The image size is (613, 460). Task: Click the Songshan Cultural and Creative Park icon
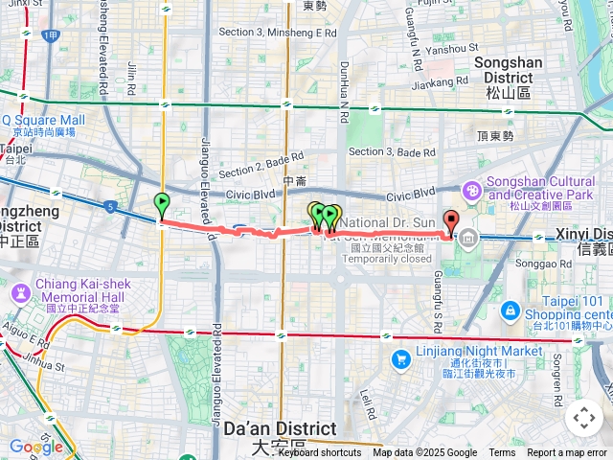[x=472, y=192]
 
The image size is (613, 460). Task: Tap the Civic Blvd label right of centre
[x=411, y=195]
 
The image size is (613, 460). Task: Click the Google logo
[x=35, y=447]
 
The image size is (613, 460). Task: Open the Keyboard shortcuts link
[x=319, y=453]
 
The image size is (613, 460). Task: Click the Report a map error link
[x=567, y=453]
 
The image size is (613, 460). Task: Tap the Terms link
[x=502, y=453]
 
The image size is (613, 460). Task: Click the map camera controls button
[x=583, y=418]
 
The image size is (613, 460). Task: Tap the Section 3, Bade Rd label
[x=392, y=151]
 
